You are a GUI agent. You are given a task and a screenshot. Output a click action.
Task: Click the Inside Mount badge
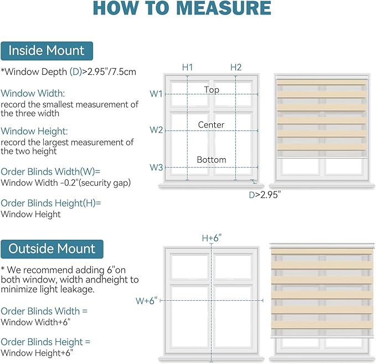click(x=47, y=51)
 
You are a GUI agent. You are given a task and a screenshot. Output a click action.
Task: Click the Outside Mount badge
click(x=52, y=249)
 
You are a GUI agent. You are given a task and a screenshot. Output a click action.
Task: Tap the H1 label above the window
click(x=187, y=67)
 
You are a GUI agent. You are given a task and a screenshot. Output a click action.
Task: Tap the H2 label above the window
click(x=236, y=67)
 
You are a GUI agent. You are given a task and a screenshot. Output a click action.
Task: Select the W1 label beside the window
click(x=156, y=94)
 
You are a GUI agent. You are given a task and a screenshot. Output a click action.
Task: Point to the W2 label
click(x=156, y=130)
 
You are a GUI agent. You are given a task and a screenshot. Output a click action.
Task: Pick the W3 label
click(x=156, y=167)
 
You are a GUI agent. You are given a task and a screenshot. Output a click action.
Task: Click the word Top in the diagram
click(x=212, y=90)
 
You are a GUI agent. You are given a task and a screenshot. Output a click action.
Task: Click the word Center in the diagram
click(x=211, y=125)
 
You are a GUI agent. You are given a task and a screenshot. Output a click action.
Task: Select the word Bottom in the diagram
click(x=212, y=160)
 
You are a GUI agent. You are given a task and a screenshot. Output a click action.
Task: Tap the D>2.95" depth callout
click(x=265, y=195)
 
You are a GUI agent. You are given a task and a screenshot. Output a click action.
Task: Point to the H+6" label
click(x=212, y=238)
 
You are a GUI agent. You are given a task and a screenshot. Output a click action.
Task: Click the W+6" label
click(x=146, y=301)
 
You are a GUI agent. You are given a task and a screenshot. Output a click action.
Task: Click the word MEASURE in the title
click(x=224, y=8)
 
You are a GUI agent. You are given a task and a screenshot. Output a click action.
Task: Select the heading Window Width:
click(x=33, y=93)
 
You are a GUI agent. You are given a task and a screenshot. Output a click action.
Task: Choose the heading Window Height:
click(x=34, y=131)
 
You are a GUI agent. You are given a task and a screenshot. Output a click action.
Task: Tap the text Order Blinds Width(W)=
click(x=50, y=172)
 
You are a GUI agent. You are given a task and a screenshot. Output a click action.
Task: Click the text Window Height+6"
click(x=37, y=353)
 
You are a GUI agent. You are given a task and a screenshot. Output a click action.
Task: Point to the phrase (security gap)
click(x=105, y=183)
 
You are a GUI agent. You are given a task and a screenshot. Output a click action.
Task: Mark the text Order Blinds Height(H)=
click(x=51, y=203)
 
